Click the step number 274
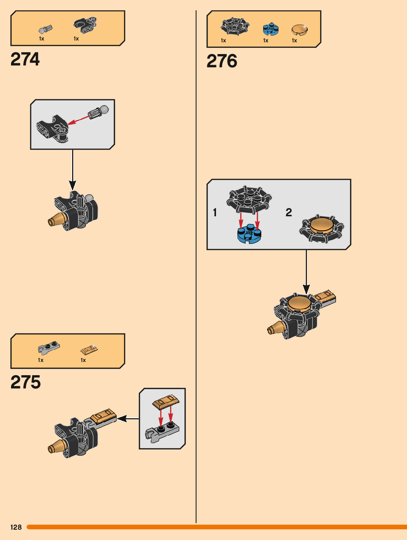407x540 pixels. [25, 59]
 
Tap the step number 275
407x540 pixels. [25, 382]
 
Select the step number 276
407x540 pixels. [222, 61]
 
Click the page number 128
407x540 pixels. [16, 527]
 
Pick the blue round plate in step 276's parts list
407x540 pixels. [270, 29]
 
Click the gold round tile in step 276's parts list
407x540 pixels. [300, 29]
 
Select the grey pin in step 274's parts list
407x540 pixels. [45, 29]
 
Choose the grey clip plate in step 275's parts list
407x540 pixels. [49, 348]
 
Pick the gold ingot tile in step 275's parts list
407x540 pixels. [89, 348]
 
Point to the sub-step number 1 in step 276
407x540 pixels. [215, 212]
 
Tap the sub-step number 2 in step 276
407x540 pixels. [289, 212]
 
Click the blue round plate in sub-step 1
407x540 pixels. [249, 234]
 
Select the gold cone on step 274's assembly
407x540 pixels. [56, 220]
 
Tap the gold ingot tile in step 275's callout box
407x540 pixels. [166, 401]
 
